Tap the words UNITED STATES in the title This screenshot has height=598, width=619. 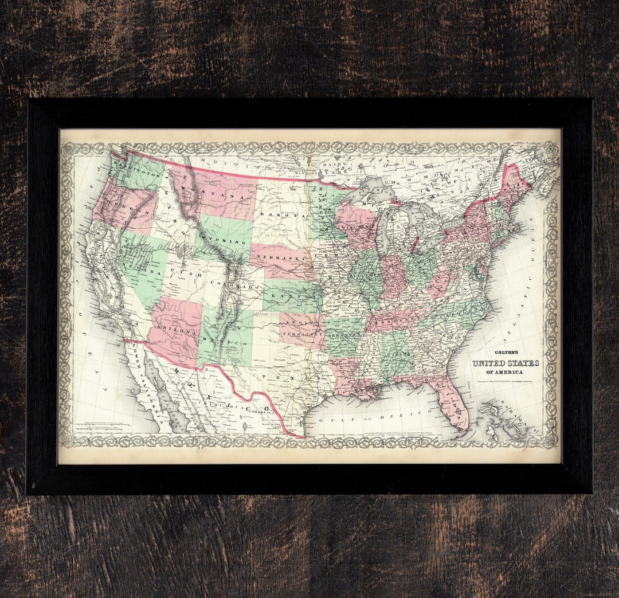(505, 364)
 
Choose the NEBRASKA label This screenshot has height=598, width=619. (276, 257)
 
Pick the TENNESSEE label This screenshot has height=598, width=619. (393, 316)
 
